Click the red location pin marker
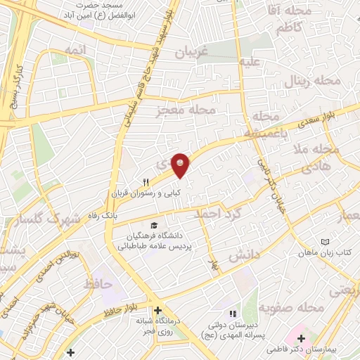(181, 165)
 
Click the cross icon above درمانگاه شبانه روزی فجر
(158, 309)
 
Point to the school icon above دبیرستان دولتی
(233, 314)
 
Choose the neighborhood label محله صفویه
(290, 307)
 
